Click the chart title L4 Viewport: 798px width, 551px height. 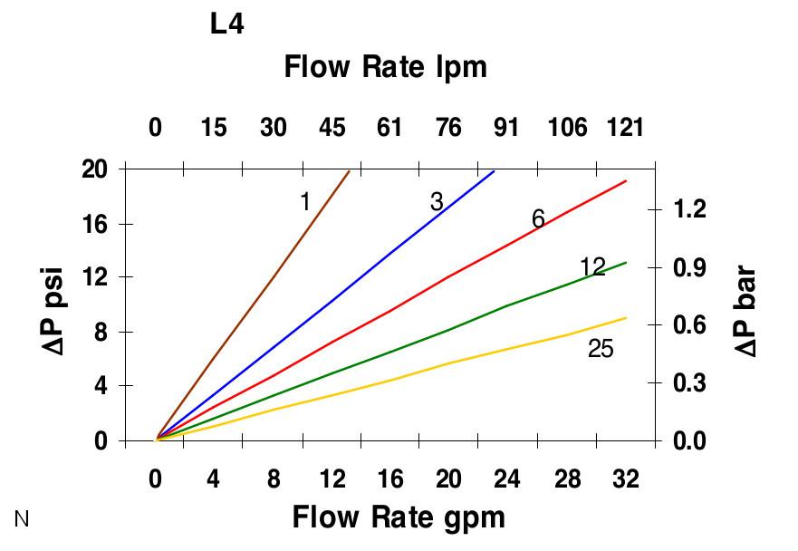click(227, 24)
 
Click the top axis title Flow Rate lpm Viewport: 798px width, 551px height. click(386, 67)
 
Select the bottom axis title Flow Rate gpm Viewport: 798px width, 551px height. click(399, 517)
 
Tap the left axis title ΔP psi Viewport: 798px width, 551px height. click(53, 305)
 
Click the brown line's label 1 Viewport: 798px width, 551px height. click(304, 202)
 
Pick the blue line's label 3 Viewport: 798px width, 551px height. click(437, 202)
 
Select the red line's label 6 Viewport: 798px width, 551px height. click(538, 218)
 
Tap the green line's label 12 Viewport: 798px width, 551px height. click(592, 266)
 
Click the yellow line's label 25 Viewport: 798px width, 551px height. click(601, 348)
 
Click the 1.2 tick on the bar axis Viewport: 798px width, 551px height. click(691, 209)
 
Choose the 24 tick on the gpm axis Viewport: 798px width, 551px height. click(508, 478)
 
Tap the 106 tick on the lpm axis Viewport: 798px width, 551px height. click(568, 127)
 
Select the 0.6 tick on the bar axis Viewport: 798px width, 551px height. click(691, 325)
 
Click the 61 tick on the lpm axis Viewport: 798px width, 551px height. click(389, 127)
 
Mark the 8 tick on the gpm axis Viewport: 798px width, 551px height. click(274, 478)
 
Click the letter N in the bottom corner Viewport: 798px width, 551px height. click(23, 518)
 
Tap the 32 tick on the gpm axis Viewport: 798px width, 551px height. click(625, 478)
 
